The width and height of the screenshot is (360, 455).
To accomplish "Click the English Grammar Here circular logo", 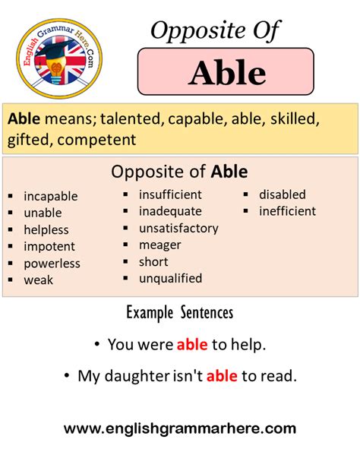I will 58,58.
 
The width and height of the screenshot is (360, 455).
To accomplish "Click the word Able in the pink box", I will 227,72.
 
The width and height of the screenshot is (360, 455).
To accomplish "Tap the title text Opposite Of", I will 216,31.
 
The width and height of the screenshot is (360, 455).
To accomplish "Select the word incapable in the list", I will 50,196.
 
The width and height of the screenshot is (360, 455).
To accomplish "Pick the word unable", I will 43,213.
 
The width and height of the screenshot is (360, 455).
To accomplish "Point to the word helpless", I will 46,229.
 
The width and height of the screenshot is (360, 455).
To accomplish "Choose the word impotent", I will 49,246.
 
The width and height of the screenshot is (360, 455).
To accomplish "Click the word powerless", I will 52,263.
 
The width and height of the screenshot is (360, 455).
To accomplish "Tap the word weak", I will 39,280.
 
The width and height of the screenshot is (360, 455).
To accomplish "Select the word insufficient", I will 170,194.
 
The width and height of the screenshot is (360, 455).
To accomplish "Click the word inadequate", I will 170,211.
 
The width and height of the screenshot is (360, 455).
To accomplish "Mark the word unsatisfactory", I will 178,228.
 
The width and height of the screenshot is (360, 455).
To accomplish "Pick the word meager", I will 160,245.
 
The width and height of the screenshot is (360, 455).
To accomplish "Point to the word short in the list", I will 153,261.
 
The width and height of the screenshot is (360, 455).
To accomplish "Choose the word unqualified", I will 170,278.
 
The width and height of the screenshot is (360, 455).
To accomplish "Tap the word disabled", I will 282,194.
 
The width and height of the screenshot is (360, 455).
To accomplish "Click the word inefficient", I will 287,211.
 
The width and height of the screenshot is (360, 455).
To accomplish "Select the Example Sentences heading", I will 179,313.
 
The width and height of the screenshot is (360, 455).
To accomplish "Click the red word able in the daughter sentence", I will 222,375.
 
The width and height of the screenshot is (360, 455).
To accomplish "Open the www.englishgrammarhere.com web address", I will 180,429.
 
